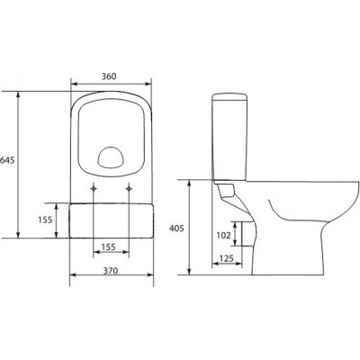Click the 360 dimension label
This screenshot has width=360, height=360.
coord(108,76)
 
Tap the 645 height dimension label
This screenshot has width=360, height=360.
coord(7,160)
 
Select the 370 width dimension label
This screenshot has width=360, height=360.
coord(111,271)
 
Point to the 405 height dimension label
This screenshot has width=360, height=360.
coord(176,229)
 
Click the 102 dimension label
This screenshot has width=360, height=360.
coord(224,235)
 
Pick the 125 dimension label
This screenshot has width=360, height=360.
coord(227,258)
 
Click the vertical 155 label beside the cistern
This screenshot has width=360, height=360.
coord(45,220)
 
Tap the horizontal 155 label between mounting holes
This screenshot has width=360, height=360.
coord(108,247)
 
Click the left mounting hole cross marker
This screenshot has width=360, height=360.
coord(94,188)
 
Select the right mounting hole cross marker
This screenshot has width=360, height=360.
coord(130,188)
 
